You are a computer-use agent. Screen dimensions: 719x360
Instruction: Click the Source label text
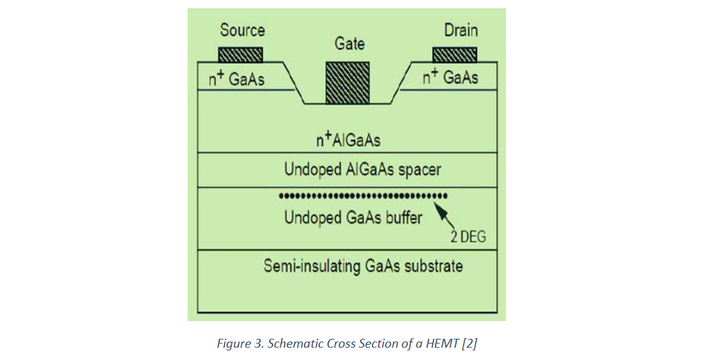click(x=242, y=30)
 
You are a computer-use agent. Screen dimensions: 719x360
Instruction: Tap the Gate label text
click(x=349, y=44)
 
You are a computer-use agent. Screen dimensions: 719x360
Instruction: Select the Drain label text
click(x=461, y=30)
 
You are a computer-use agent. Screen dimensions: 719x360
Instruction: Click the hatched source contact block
click(x=240, y=55)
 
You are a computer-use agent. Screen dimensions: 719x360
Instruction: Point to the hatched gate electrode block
click(x=347, y=83)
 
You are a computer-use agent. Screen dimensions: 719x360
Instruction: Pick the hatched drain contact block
click(x=455, y=55)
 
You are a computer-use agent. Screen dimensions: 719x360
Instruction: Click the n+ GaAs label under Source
click(x=237, y=79)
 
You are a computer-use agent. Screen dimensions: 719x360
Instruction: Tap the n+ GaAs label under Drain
click(x=451, y=77)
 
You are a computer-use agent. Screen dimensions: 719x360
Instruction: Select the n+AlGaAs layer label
click(x=348, y=139)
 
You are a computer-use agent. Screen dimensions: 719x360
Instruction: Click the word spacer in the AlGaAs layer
click(x=419, y=170)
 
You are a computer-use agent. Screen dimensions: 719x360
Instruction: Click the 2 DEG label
click(x=468, y=237)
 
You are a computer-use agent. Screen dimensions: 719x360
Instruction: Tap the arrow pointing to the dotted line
click(x=444, y=216)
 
